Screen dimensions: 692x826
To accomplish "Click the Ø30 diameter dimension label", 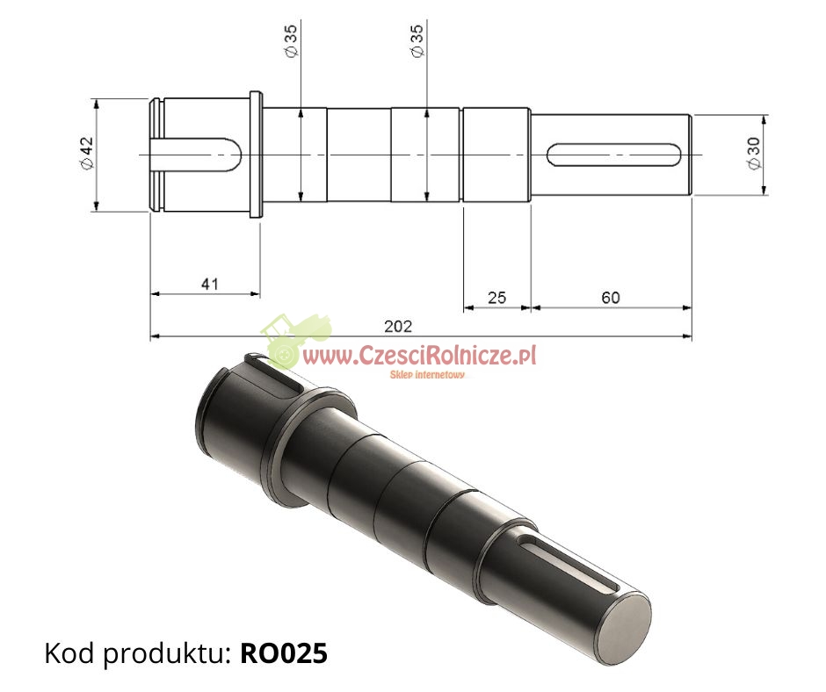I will [x=753, y=154].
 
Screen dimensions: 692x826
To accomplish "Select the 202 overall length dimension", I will [x=399, y=326].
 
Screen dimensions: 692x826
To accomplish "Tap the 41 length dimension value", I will [x=208, y=284].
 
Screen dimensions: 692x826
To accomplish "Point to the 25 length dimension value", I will [x=496, y=298].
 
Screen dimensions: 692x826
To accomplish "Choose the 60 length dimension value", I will [x=610, y=298].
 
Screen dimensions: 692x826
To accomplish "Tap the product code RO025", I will [x=284, y=653].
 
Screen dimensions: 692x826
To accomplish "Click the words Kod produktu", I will [x=136, y=653].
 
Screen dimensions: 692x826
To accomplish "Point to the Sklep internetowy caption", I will [x=427, y=374].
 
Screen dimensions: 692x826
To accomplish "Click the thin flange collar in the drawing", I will [x=256, y=155].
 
